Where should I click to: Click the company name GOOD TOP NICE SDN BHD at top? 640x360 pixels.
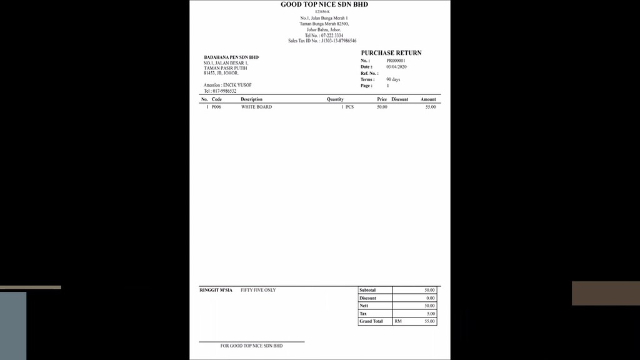click(324, 5)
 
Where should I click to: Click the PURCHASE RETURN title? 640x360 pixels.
click(391, 53)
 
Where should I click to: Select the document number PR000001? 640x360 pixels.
click(396, 61)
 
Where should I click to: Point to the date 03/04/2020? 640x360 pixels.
click(396, 67)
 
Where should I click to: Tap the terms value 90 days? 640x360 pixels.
click(393, 80)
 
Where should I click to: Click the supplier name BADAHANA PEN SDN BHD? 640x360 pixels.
click(231, 57)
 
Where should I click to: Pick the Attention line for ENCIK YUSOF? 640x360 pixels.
click(227, 85)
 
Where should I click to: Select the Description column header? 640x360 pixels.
click(251, 99)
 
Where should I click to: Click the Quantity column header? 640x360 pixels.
click(335, 99)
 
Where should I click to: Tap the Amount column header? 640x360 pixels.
click(428, 99)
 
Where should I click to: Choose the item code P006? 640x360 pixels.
click(216, 107)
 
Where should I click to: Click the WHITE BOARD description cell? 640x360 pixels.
click(256, 107)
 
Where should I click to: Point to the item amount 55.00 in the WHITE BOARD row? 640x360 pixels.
click(430, 107)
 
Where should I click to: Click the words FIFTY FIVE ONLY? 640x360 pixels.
click(258, 290)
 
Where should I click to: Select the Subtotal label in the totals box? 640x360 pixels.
click(368, 291)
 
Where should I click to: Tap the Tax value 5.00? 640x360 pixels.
click(431, 314)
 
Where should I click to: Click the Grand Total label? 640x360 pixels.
click(371, 321)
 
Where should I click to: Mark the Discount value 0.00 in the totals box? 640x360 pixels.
click(430, 298)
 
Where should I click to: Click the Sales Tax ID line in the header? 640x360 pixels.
click(322, 41)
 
